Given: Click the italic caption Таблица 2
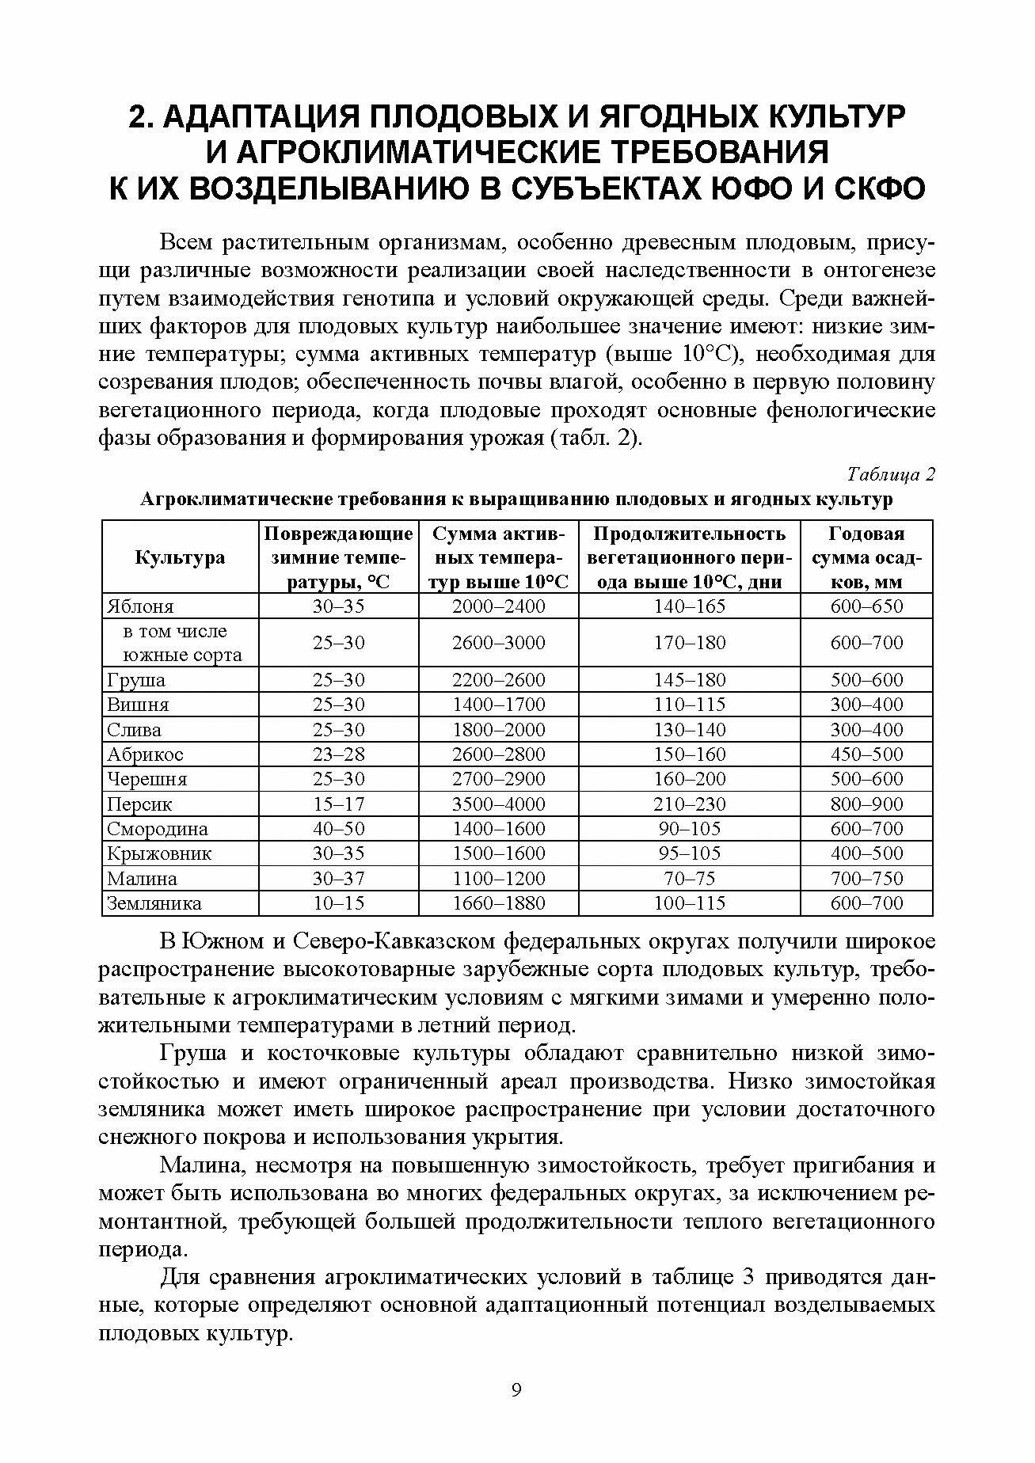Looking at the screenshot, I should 891,475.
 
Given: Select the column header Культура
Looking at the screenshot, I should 181,557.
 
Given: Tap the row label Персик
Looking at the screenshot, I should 139,804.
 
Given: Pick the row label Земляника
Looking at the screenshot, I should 154,903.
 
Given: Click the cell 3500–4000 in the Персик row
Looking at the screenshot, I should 499,804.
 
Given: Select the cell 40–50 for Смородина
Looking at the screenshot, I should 339,829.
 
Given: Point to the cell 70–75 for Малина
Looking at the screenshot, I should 689,879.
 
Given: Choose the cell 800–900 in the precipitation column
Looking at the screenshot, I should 866,804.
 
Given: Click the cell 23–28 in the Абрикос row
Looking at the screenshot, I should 339,754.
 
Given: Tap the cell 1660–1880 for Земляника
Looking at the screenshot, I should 499,903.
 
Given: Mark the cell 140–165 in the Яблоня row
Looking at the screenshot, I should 689,606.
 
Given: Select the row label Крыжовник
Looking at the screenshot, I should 159,854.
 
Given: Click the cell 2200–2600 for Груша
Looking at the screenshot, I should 499,680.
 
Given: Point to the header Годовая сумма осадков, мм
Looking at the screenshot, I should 866,557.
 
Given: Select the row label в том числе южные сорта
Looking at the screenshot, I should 181,643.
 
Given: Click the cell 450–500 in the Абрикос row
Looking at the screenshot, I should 866,754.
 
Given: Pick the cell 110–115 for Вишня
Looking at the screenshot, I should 689,705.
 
